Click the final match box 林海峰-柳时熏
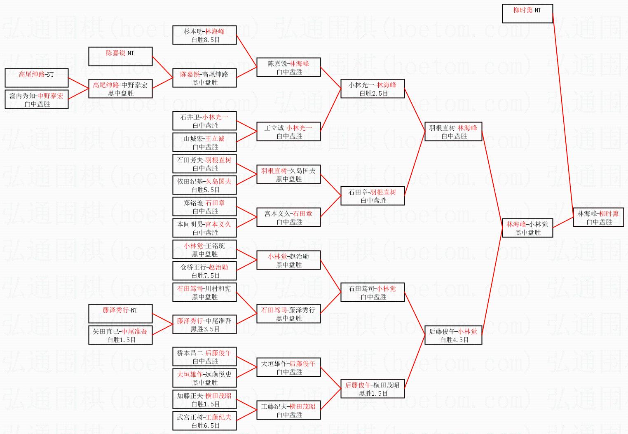[598, 218]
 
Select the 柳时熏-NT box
[527, 14]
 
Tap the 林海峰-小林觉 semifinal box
[527, 228]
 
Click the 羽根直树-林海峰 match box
[453, 132]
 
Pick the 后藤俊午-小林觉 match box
[453, 335]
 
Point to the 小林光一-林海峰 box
[373, 89]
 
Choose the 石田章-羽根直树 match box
[373, 196]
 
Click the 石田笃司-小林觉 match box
[373, 293]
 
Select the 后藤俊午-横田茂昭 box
[373, 389]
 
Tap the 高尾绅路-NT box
[36, 78]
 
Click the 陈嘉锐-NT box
[120, 56]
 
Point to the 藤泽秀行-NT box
[120, 314]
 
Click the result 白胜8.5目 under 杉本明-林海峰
[205, 40]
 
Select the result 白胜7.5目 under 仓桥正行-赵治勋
[205, 276]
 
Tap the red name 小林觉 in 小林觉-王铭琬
[193, 246]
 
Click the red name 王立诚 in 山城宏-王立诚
[215, 138]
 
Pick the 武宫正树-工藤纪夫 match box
[204, 421]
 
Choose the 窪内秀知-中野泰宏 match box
[36, 100]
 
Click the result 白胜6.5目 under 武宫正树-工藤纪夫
[205, 426]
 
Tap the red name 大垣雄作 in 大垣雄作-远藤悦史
[190, 374]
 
